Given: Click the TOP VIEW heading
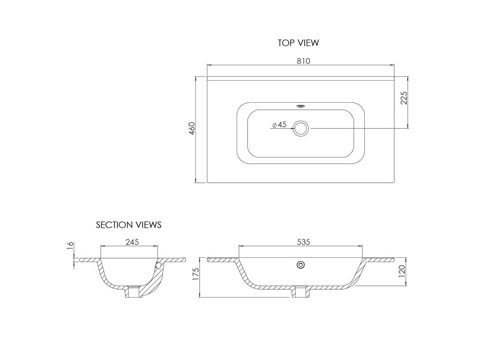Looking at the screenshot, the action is pos(298,43).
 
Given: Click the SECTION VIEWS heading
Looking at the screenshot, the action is pos(128,225).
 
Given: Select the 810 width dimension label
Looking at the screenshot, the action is pos(303,61).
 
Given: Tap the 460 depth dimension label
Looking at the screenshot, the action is pos(192,128).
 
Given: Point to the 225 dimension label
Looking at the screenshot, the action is pos(404,98).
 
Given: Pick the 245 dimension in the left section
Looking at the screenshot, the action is pos(132,242).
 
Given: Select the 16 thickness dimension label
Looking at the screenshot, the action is pos(70,246).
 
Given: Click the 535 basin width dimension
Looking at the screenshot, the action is pos(303,242).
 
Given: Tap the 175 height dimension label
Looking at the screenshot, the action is pos(195,274).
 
